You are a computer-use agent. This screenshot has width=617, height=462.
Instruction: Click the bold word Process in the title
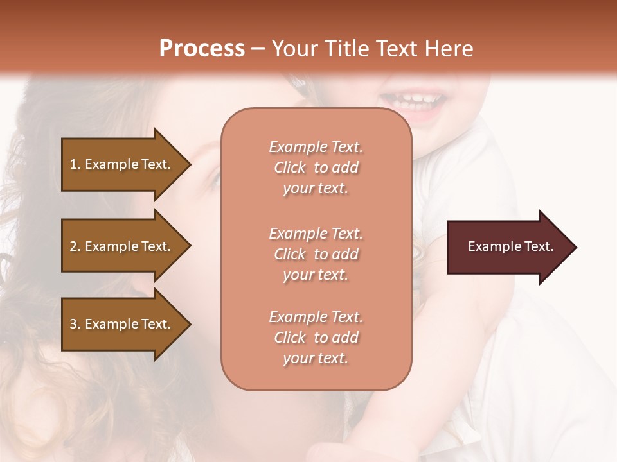click(x=202, y=49)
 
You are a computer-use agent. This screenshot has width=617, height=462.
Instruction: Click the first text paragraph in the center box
click(x=316, y=167)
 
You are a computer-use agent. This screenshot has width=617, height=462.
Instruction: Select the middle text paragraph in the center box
click(x=316, y=254)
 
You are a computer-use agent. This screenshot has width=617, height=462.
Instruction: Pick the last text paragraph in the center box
click(x=316, y=338)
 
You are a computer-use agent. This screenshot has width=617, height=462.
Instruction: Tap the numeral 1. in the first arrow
click(x=75, y=164)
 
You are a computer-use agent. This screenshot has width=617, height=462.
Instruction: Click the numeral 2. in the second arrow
click(x=75, y=246)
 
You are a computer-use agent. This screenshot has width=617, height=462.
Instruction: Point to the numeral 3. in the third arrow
click(x=75, y=324)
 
